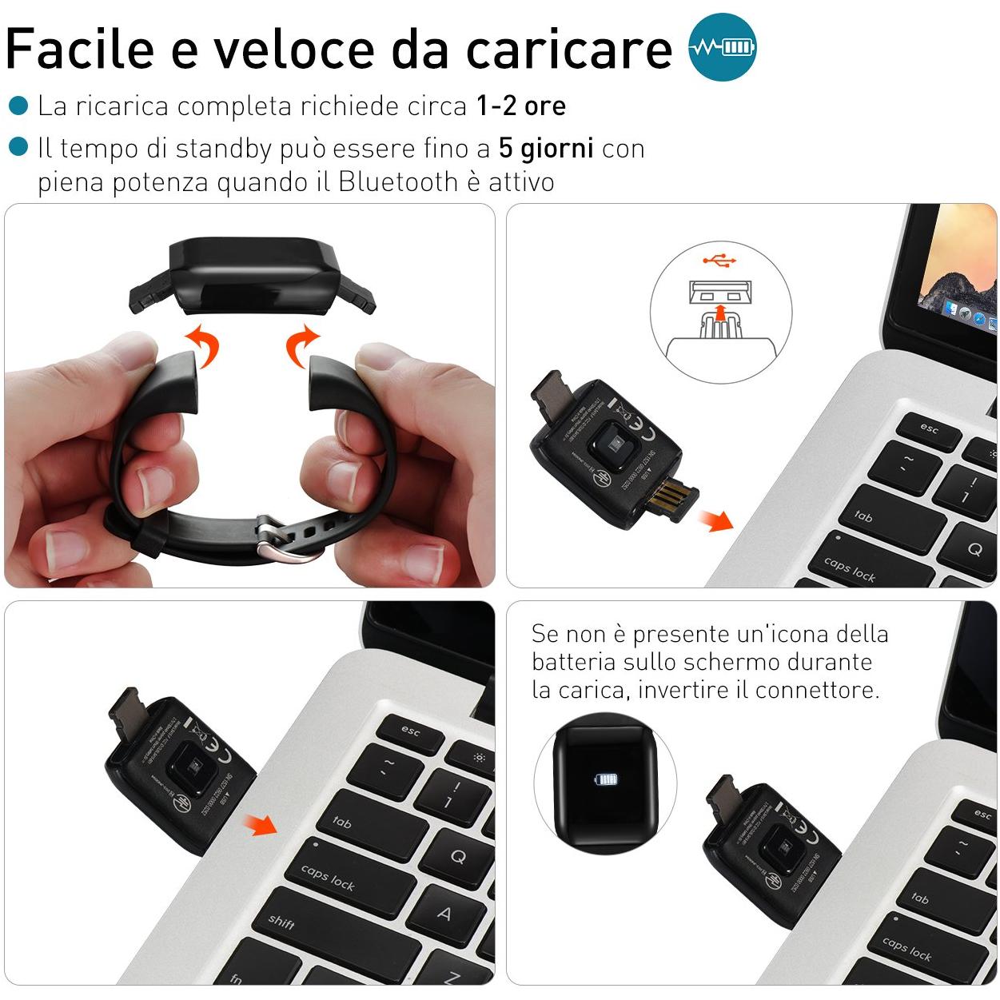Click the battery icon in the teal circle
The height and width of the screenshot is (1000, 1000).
point(737,47)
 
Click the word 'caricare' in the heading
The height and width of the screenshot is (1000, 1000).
point(569,48)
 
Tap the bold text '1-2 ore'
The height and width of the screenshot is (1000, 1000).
point(521,106)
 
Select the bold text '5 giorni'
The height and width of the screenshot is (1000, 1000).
point(546,148)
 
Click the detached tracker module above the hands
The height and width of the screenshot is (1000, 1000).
point(251,277)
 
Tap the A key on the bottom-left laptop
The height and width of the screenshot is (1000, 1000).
point(444,913)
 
